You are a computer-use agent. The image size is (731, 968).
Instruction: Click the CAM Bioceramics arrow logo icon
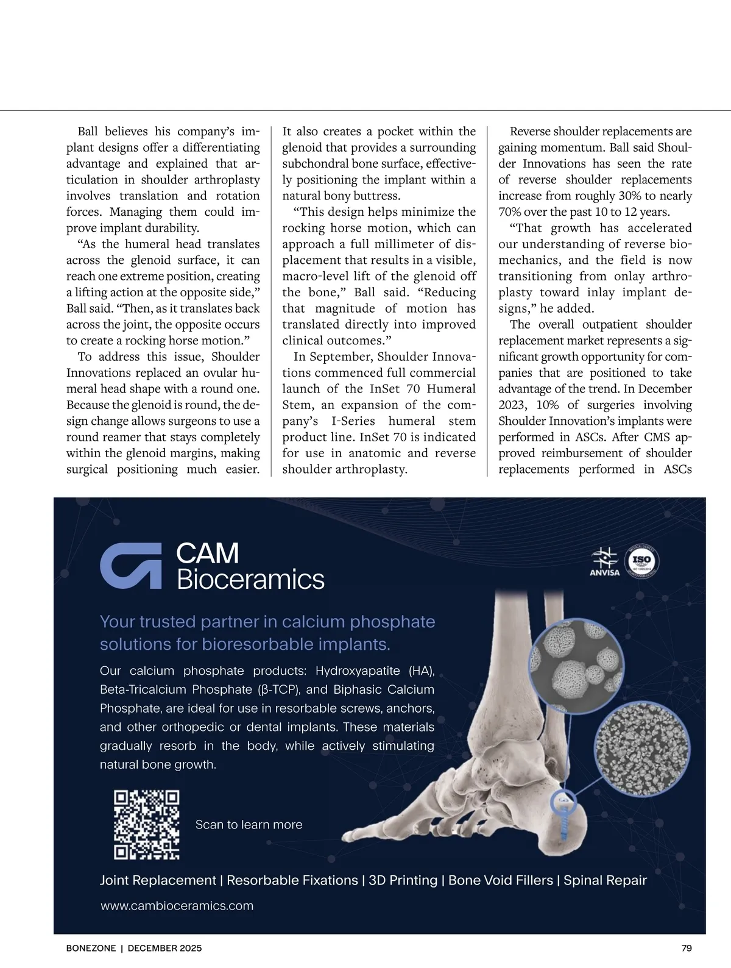coord(131,566)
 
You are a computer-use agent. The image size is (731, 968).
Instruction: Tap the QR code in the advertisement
coord(147,824)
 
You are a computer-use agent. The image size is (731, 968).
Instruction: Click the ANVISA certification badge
coord(605,561)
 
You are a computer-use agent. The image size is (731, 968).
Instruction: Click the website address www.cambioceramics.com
coord(177,906)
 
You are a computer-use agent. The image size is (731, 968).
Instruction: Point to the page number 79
coord(687,948)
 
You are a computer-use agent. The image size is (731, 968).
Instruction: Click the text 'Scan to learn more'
coord(249,825)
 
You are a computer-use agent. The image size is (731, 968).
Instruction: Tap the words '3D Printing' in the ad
coord(403,880)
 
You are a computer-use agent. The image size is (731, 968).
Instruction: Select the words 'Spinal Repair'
coord(605,880)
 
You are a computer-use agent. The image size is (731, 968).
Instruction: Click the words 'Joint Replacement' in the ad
coord(158,880)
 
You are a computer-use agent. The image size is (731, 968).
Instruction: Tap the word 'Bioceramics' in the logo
coord(250,579)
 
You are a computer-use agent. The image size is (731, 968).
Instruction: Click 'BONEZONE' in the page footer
coord(91,948)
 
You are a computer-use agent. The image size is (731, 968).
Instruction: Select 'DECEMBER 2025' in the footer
coord(164,948)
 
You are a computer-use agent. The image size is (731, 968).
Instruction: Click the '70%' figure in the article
coord(509,212)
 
